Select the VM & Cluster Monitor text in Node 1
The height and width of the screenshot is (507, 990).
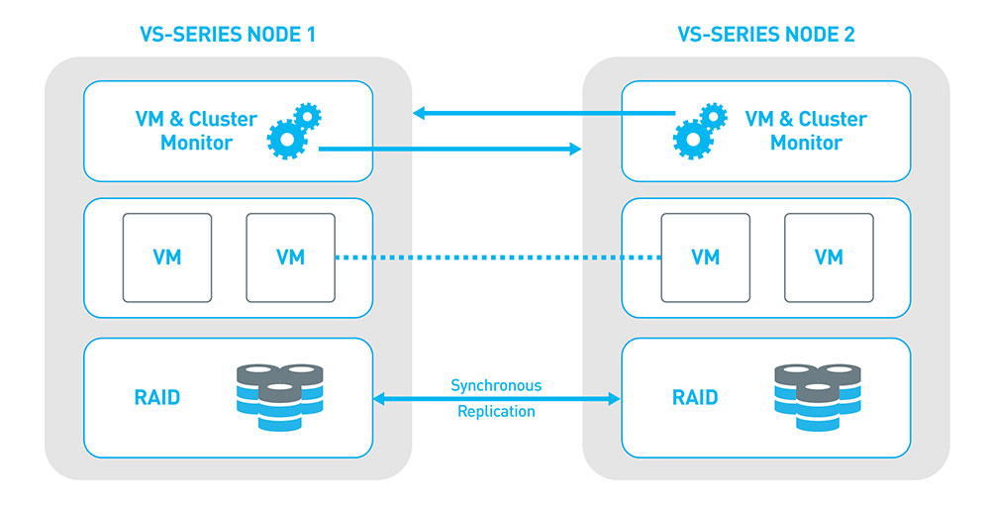point(195,131)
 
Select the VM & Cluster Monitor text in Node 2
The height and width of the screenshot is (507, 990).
point(805,131)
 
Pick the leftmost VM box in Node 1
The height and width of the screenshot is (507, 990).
point(166,257)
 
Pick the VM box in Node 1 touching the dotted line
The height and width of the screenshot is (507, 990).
point(290,257)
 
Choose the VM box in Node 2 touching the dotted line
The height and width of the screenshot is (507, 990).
point(705,257)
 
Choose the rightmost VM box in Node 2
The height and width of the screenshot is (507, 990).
point(828,257)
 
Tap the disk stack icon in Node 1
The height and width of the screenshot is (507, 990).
point(278,396)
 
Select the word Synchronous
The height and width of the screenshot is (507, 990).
point(496,385)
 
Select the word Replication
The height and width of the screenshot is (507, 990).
point(496,411)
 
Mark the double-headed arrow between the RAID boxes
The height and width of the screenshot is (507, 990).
point(496,399)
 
